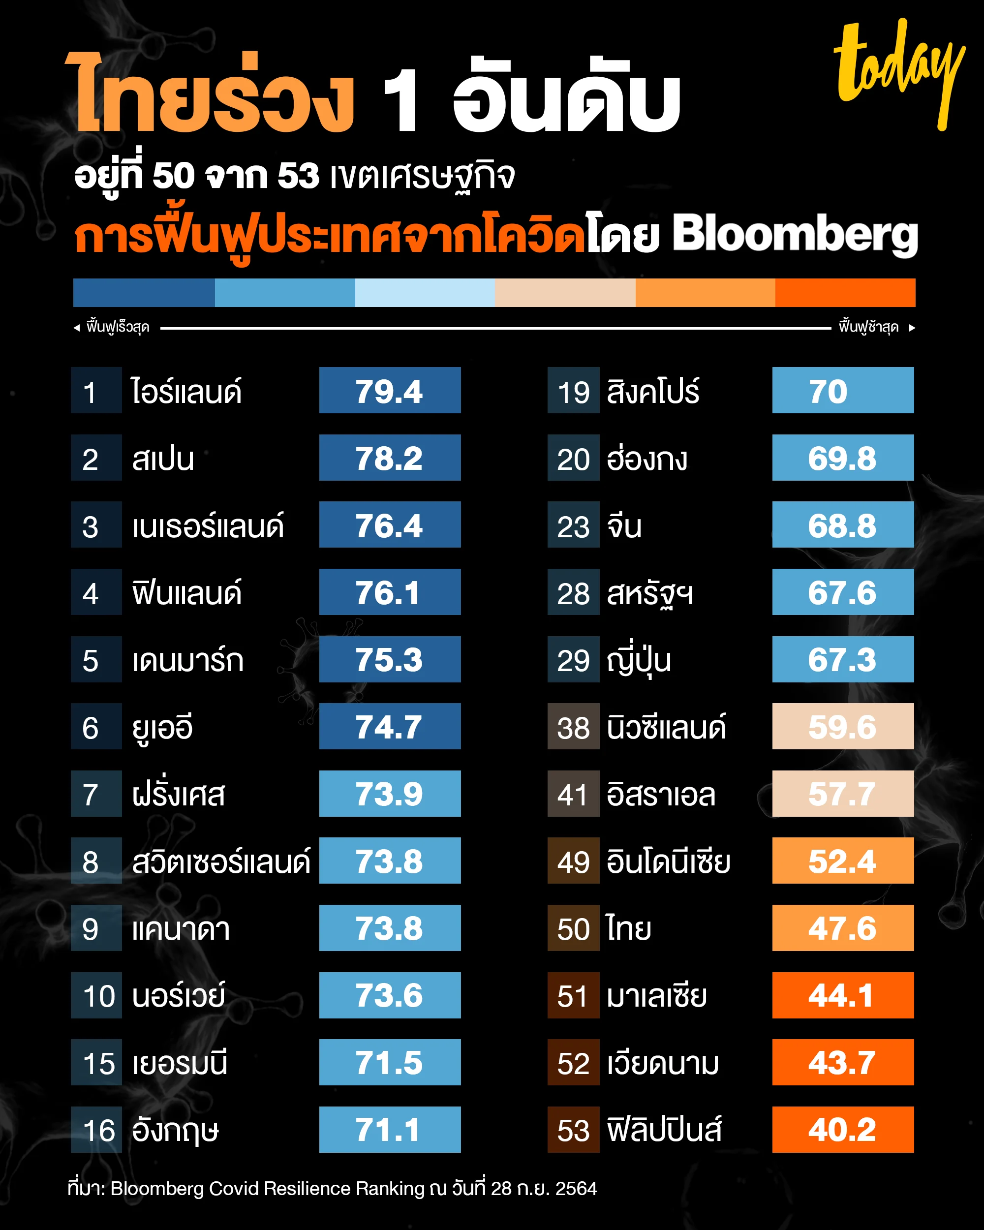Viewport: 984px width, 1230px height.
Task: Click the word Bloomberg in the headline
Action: coord(795,235)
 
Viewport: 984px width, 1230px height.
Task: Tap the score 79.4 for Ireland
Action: coord(390,390)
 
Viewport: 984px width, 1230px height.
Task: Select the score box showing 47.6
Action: coord(842,927)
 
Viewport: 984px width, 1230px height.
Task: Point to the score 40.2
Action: coord(842,1130)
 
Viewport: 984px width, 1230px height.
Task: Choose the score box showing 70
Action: coord(842,390)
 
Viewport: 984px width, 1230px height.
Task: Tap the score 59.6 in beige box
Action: coord(842,726)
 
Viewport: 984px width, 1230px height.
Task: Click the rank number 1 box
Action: coord(96,391)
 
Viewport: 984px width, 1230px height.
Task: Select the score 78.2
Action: coord(390,458)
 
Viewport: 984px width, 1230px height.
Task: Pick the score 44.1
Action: coord(842,995)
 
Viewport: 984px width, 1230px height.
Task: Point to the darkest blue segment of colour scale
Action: coord(144,293)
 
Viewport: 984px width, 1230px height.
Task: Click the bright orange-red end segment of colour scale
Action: coord(845,293)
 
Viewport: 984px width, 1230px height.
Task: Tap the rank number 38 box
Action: coord(573,727)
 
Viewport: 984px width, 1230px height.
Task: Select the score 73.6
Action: coord(390,995)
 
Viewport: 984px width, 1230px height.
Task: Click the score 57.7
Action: coord(842,794)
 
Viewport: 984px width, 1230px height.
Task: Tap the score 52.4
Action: coord(842,861)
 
